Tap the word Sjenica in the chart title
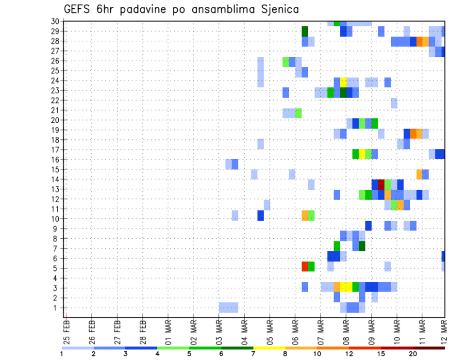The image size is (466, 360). pyautogui.click(x=278, y=9)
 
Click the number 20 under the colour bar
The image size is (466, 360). pyautogui.click(x=413, y=354)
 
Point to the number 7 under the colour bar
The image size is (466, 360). pyautogui.click(x=253, y=354)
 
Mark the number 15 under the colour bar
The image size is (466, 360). pyautogui.click(x=381, y=354)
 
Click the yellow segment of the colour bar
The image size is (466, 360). pyautogui.click(x=269, y=347)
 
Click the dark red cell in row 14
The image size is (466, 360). pyautogui.click(x=381, y=184)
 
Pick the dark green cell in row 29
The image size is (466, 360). pyautogui.click(x=305, y=31)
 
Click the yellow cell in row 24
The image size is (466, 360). pyautogui.click(x=343, y=81)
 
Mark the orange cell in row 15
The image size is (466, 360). pyautogui.click(x=419, y=174)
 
